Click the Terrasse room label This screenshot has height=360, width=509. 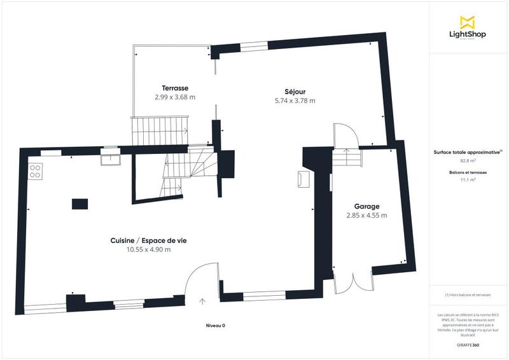pos(174,88)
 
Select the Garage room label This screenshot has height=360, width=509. pos(367,206)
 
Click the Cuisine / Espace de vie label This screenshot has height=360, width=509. pos(149,240)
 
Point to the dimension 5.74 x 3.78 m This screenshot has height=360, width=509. pos(295,100)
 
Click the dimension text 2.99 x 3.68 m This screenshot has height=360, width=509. pos(174,97)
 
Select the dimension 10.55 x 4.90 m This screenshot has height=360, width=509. pos(149,249)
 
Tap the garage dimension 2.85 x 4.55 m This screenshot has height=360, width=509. pos(367,215)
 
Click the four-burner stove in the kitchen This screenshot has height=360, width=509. pos(36,171)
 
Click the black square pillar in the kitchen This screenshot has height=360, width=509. pos(80,204)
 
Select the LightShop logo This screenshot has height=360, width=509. pos(468,29)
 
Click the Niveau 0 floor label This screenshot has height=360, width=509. pos(215,325)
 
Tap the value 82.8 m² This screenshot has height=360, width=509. pos(468,162)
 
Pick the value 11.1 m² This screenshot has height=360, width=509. pos(468,180)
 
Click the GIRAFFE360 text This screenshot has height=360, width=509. pos(468,344)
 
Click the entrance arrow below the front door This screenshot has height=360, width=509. pos(202,300)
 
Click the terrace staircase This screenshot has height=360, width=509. pos(160,131)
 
